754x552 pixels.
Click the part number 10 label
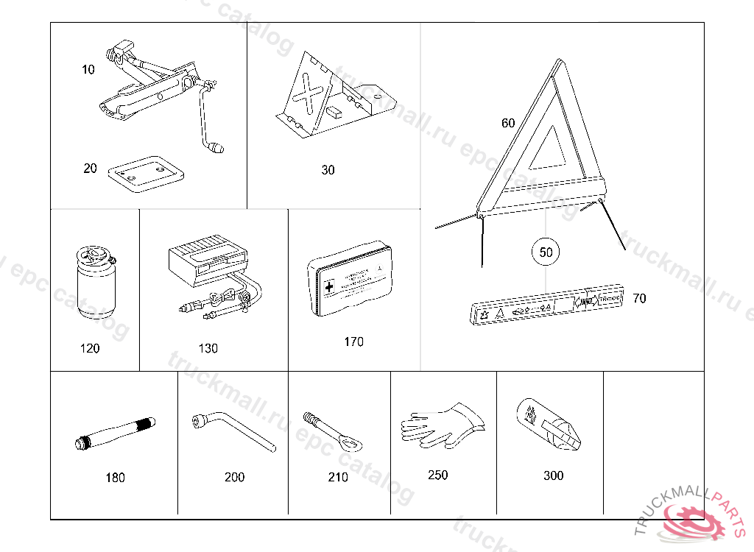[x=88, y=70]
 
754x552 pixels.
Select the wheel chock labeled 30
[x=331, y=99]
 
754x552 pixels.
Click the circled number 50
[x=546, y=252]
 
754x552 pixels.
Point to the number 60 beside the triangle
[x=508, y=123]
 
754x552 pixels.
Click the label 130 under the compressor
[x=208, y=348]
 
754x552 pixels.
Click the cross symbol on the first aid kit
[x=328, y=286]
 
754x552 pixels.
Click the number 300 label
[x=553, y=475]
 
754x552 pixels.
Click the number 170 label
[x=353, y=342]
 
